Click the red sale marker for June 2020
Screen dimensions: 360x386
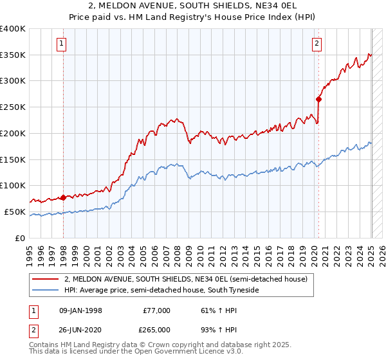pyautogui.click(x=318, y=99)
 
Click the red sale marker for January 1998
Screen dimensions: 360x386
pyautogui.click(x=64, y=197)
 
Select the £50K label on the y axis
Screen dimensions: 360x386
pyautogui.click(x=15, y=212)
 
